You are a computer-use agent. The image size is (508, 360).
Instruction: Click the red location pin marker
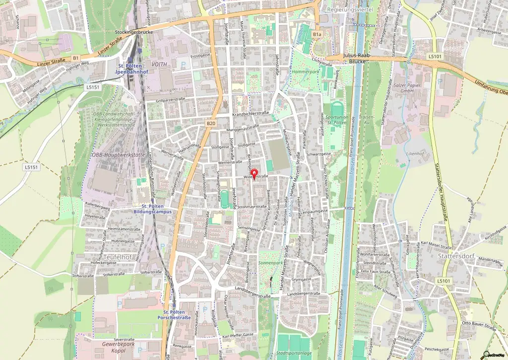coord(254,175)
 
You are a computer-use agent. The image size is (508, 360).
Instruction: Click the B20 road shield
coord(211,123)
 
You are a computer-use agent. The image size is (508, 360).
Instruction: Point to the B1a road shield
coord(317,34)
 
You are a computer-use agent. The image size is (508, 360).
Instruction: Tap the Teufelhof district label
coord(118,257)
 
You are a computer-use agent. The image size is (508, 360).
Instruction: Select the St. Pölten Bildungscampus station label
coord(153,209)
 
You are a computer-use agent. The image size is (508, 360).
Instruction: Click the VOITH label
coord(160,64)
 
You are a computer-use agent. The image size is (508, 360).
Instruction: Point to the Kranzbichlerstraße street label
coord(251,114)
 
